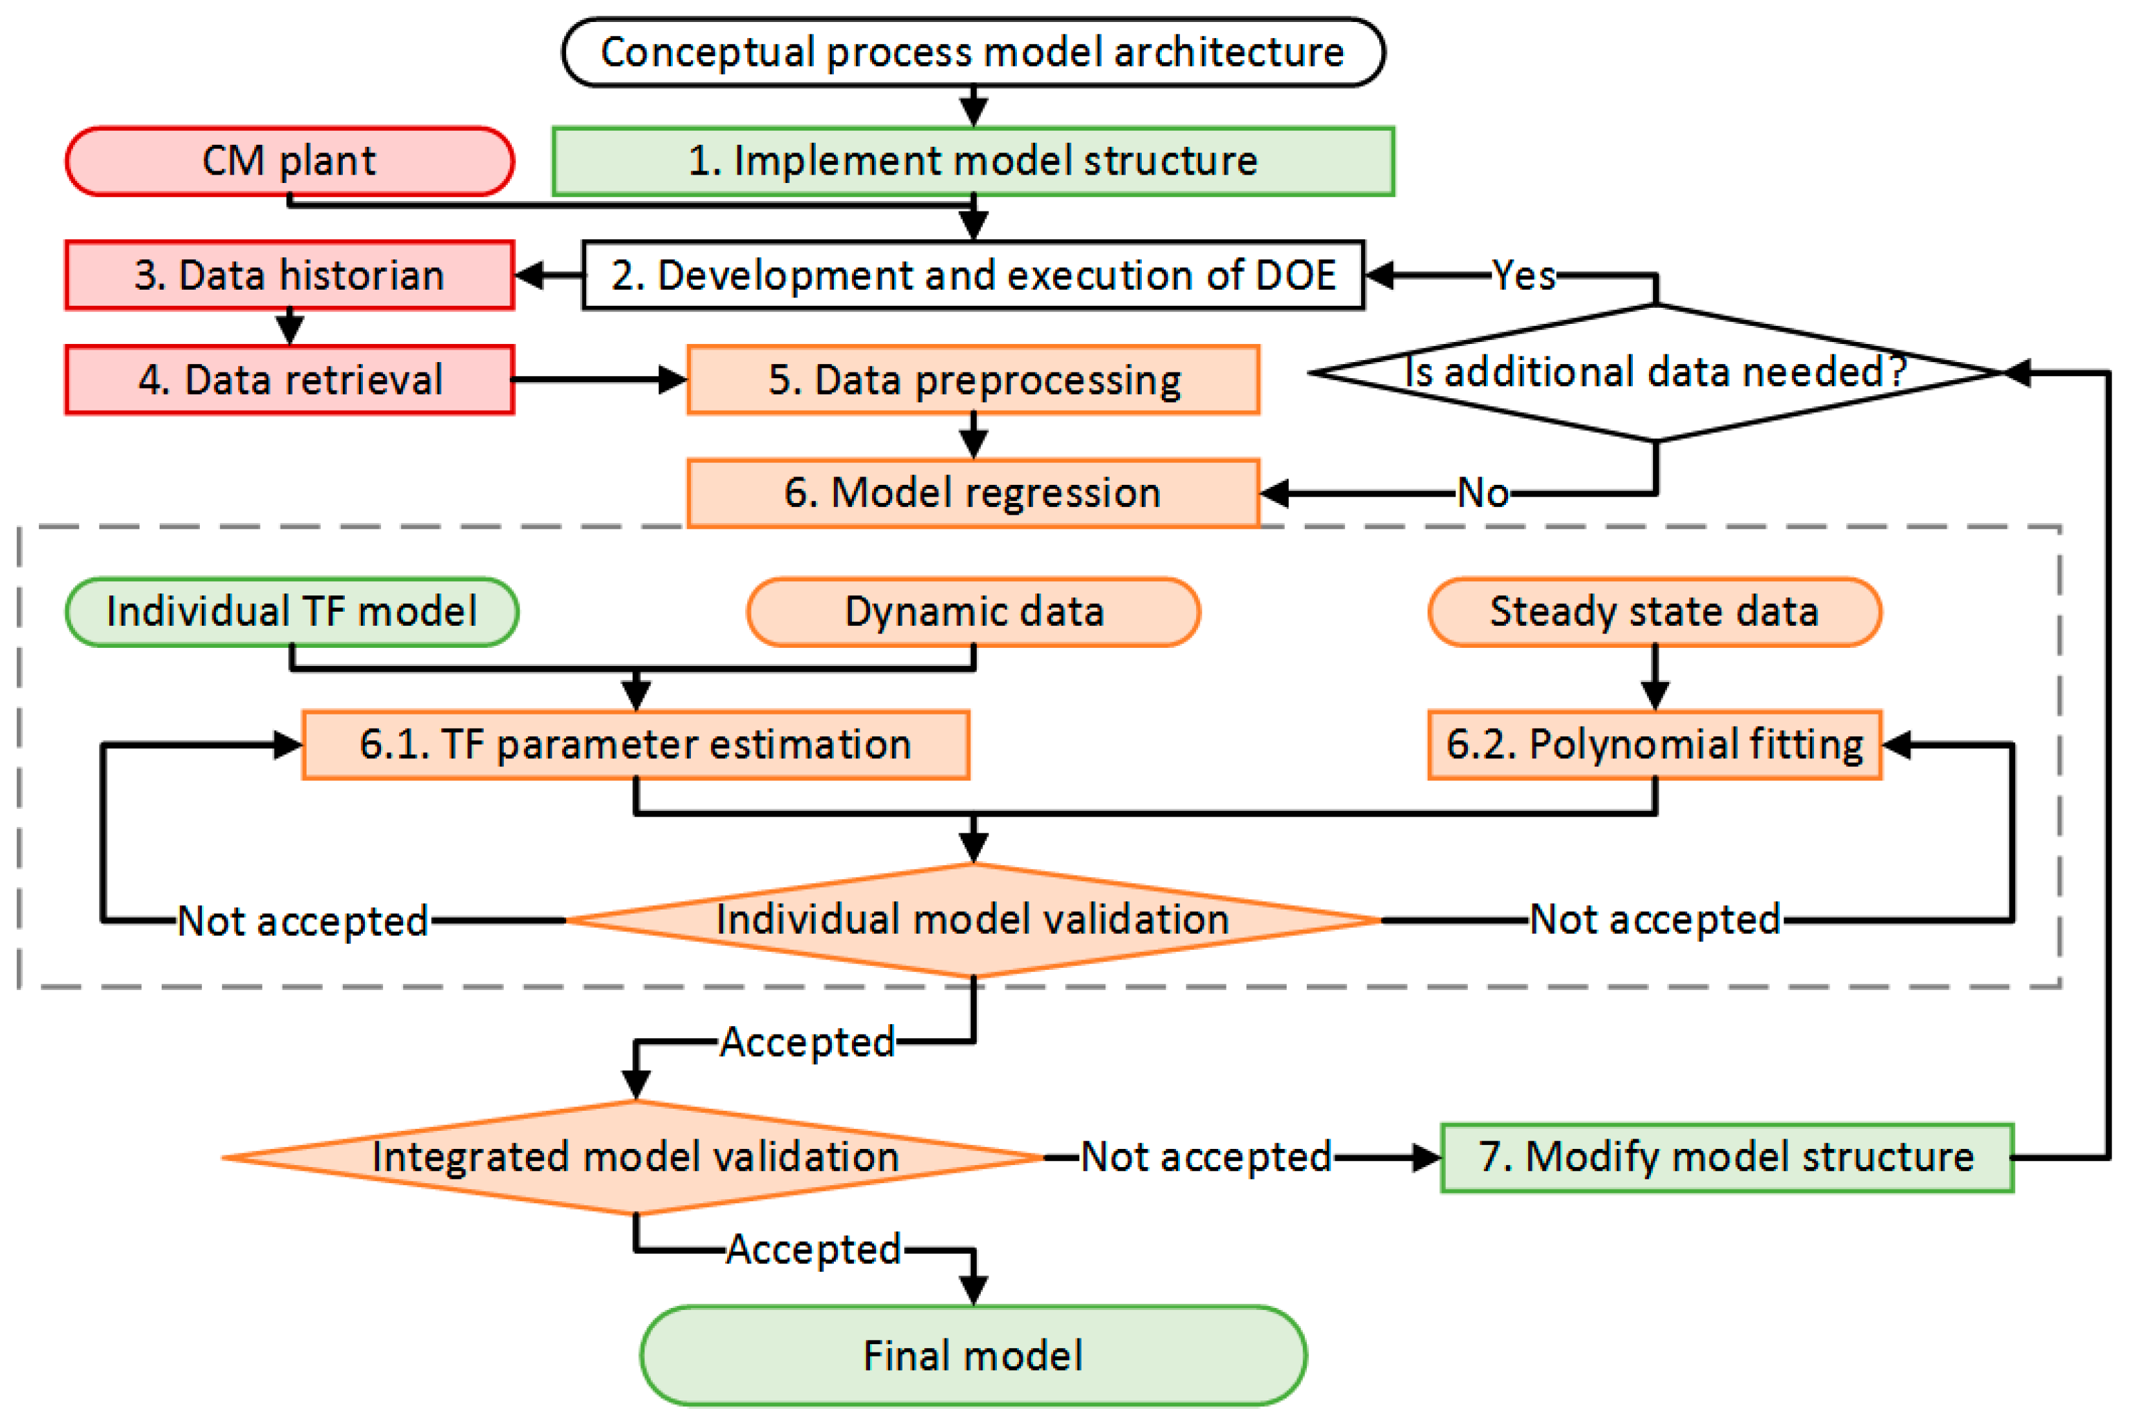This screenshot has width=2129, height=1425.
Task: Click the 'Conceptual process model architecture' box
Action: pyautogui.click(x=973, y=52)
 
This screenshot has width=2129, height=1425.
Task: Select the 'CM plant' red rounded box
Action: pyautogui.click(x=289, y=161)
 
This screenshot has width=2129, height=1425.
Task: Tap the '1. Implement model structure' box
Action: pyautogui.click(x=973, y=161)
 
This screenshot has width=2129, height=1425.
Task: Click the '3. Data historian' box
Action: pyautogui.click(x=289, y=274)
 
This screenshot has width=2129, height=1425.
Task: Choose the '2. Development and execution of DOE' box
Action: pyautogui.click(x=973, y=274)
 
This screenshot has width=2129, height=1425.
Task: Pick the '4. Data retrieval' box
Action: pyautogui.click(x=289, y=379)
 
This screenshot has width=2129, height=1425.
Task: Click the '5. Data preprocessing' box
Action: pyautogui.click(x=973, y=379)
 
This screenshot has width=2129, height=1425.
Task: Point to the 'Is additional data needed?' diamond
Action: pyautogui.click(x=1656, y=372)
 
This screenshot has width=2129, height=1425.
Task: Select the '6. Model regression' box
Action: pyautogui.click(x=973, y=493)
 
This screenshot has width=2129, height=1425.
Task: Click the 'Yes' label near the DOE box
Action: pyautogui.click(x=1523, y=274)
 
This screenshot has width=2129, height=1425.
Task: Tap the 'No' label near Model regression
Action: pyautogui.click(x=1483, y=493)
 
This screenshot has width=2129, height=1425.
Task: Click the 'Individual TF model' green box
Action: pyautogui.click(x=292, y=612)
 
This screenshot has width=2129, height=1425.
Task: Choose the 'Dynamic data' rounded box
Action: pyautogui.click(x=973, y=612)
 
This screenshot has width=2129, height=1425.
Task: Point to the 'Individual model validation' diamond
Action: pyautogui.click(x=973, y=919)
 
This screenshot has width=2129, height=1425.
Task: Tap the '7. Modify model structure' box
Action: pyautogui.click(x=1727, y=1157)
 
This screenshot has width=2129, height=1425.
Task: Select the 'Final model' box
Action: pyautogui.click(x=973, y=1356)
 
